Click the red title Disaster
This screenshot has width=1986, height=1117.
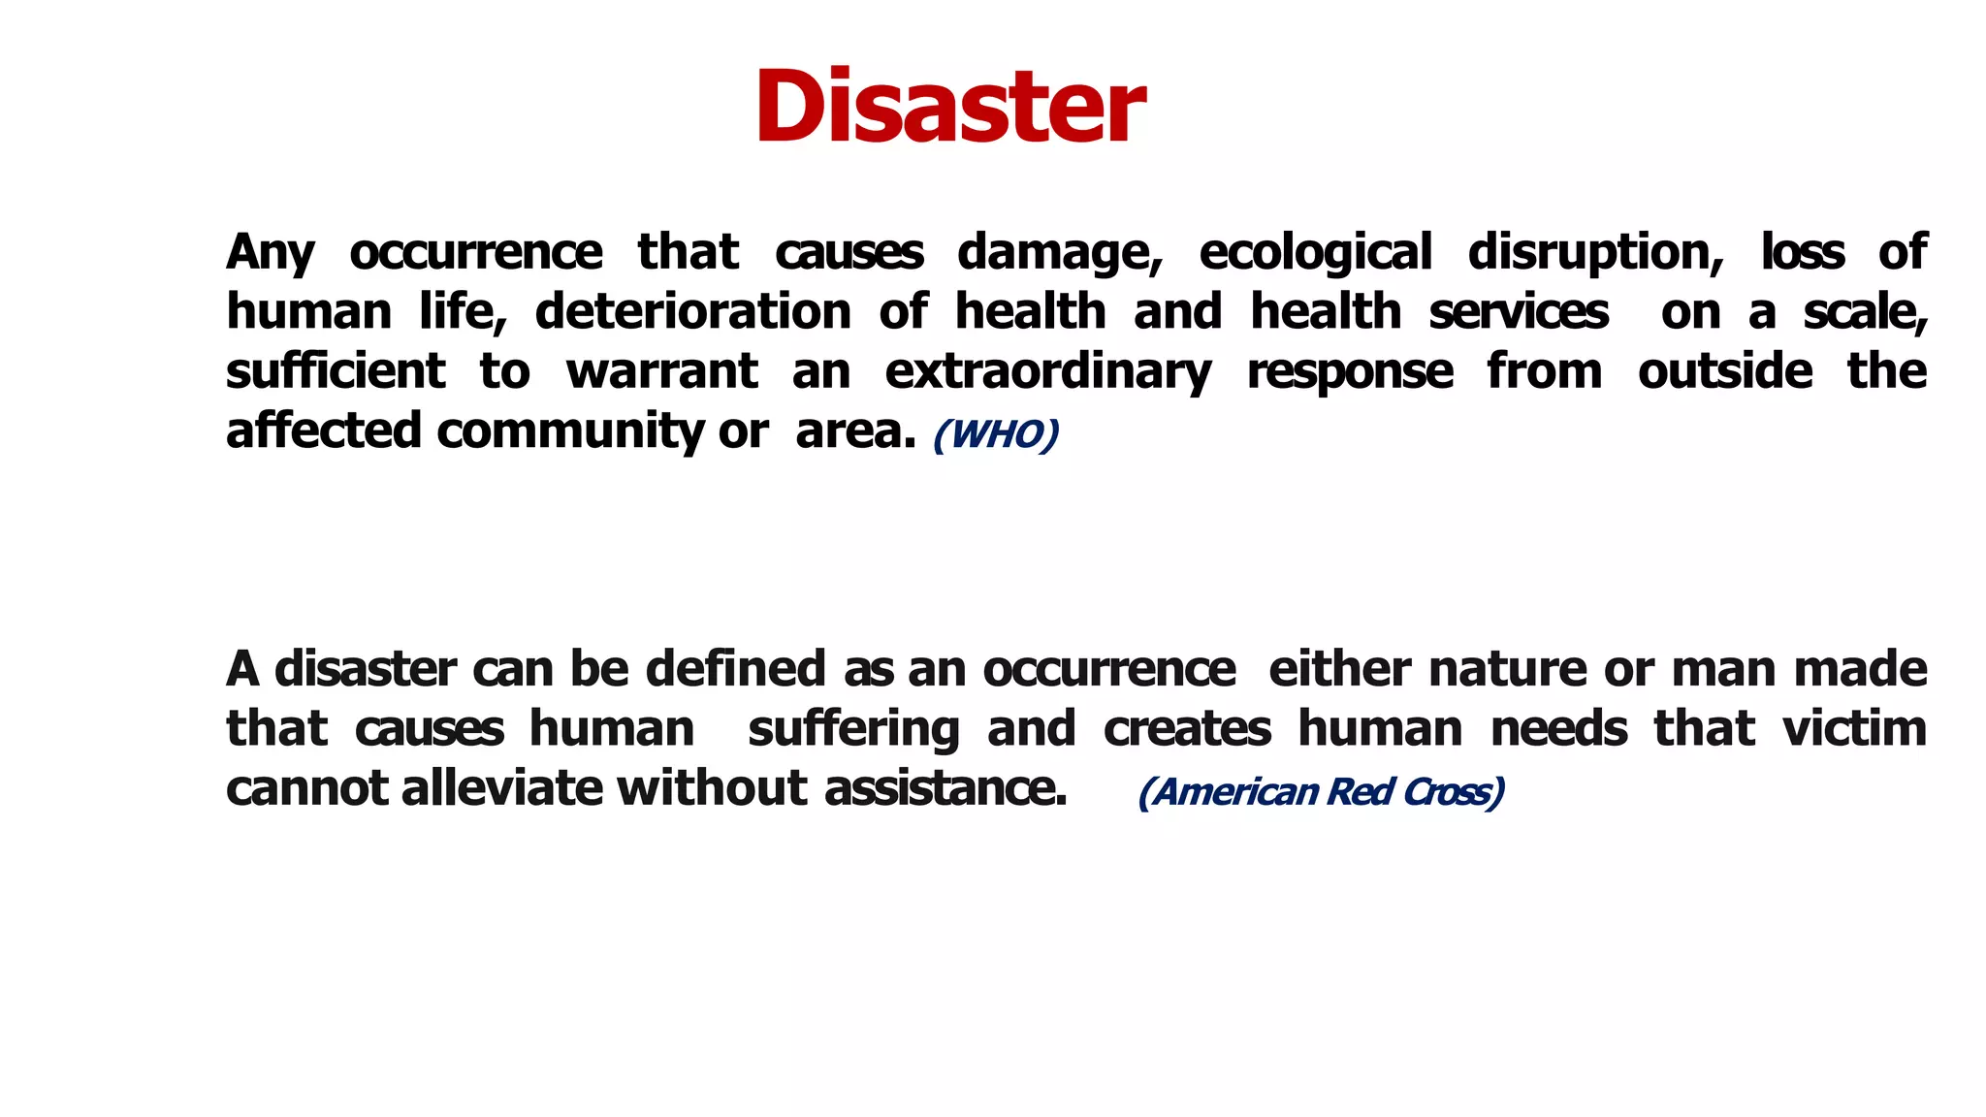[x=949, y=107]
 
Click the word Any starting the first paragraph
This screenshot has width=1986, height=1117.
[x=270, y=253]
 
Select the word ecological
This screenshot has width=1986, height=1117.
[x=1315, y=253]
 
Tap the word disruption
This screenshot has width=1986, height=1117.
[x=1595, y=253]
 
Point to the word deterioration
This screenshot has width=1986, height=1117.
[x=692, y=312]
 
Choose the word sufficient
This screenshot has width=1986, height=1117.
[x=336, y=371]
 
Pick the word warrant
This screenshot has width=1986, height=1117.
[x=661, y=371]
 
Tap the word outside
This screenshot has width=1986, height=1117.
[x=1724, y=371]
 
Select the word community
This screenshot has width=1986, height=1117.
[x=569, y=431]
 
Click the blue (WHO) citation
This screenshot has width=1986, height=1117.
[x=995, y=434]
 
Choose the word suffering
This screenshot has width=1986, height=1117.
[x=853, y=730]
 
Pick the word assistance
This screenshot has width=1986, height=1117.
[x=945, y=787]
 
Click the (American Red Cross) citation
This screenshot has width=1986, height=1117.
[x=1321, y=792]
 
